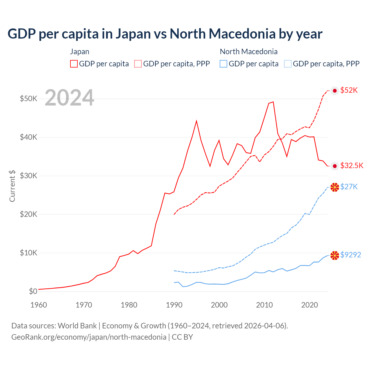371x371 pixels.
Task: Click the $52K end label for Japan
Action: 349,90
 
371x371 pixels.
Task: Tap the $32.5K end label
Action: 352,166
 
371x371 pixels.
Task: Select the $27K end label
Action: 349,187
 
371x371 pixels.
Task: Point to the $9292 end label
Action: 351,255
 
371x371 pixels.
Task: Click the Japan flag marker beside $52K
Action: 335,91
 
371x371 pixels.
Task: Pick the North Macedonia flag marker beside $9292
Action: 335,256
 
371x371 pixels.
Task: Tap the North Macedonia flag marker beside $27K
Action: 335,187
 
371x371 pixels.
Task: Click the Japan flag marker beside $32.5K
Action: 335,166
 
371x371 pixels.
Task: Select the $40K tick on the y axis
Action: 28,137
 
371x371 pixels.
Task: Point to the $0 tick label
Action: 33,291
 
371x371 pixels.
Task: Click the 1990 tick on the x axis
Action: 174,305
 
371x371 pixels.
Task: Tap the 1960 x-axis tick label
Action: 39,305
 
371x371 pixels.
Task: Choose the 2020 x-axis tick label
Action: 310,305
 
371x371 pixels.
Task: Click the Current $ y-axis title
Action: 12,186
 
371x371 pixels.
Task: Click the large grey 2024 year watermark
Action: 69,98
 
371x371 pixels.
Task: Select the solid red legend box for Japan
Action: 74,64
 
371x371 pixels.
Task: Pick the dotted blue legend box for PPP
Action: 288,64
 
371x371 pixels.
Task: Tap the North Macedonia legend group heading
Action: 249,52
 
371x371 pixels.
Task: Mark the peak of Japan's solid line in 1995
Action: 197,121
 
